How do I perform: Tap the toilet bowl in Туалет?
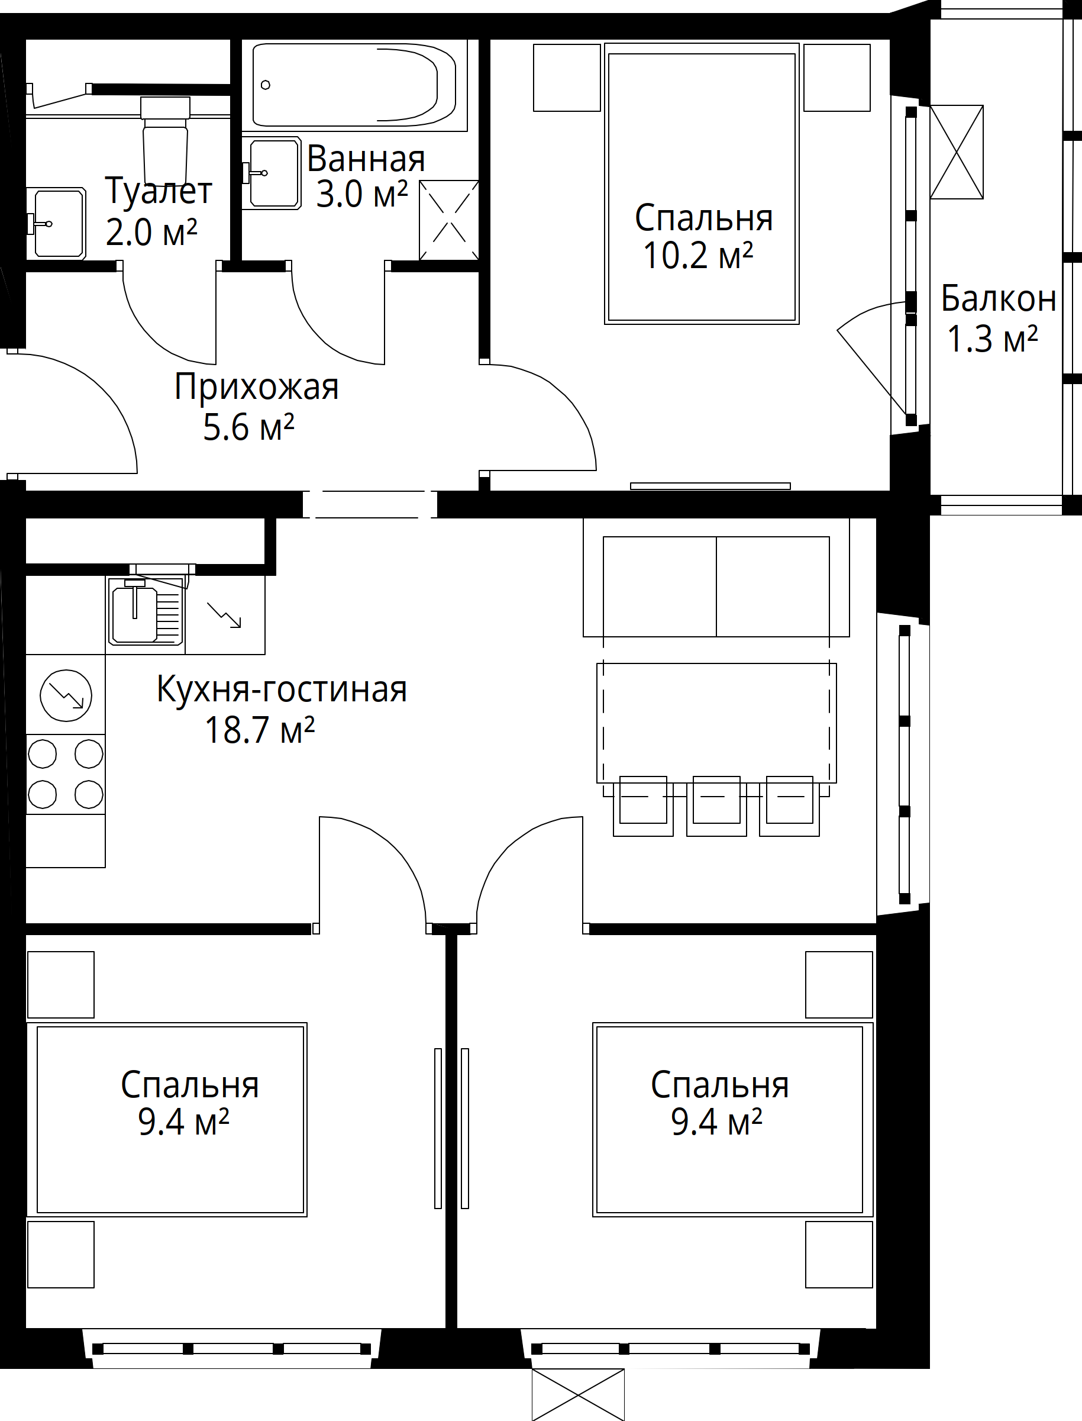click(x=166, y=148)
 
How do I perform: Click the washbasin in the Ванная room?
click(x=274, y=173)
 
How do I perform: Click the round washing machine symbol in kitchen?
click(x=66, y=695)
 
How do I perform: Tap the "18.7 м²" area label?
click(x=260, y=730)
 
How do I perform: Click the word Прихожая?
click(x=256, y=386)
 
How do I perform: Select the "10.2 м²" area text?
click(x=698, y=256)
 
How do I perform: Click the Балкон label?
click(x=998, y=298)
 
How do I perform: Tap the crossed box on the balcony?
click(x=957, y=152)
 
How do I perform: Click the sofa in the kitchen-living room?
click(x=716, y=585)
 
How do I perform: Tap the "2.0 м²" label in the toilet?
click(x=151, y=233)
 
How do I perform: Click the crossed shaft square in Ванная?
click(x=449, y=220)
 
